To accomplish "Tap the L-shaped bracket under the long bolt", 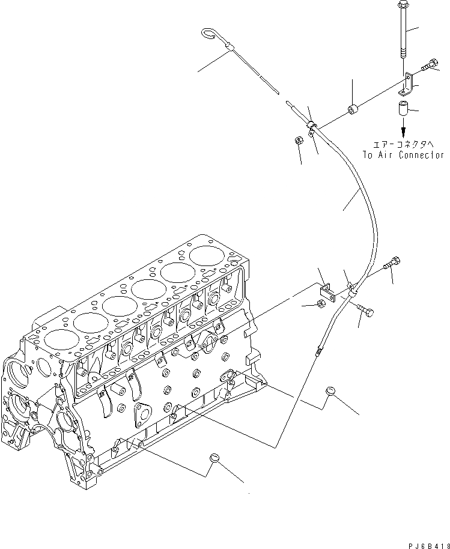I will [x=409, y=84].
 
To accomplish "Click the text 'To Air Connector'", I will [x=403, y=154].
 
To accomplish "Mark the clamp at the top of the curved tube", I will [x=311, y=126].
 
